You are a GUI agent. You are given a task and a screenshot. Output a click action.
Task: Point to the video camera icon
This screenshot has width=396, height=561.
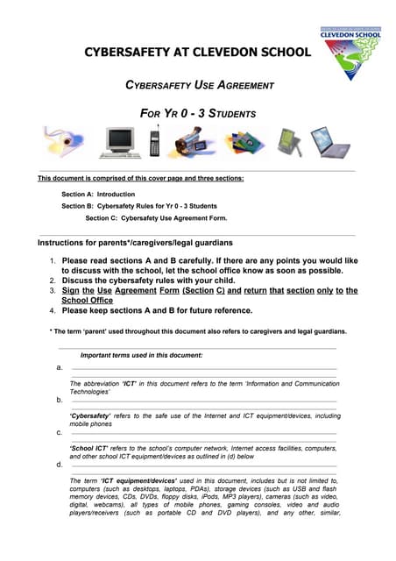[x=194, y=142]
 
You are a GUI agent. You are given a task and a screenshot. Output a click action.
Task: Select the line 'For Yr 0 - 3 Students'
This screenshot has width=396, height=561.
[x=198, y=114]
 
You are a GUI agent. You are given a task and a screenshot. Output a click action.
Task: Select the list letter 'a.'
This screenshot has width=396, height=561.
[x=59, y=368]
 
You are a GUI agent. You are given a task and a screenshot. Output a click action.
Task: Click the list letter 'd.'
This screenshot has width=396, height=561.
[x=59, y=465]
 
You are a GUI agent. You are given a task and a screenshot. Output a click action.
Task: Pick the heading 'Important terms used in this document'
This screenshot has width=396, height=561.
[x=141, y=355]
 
